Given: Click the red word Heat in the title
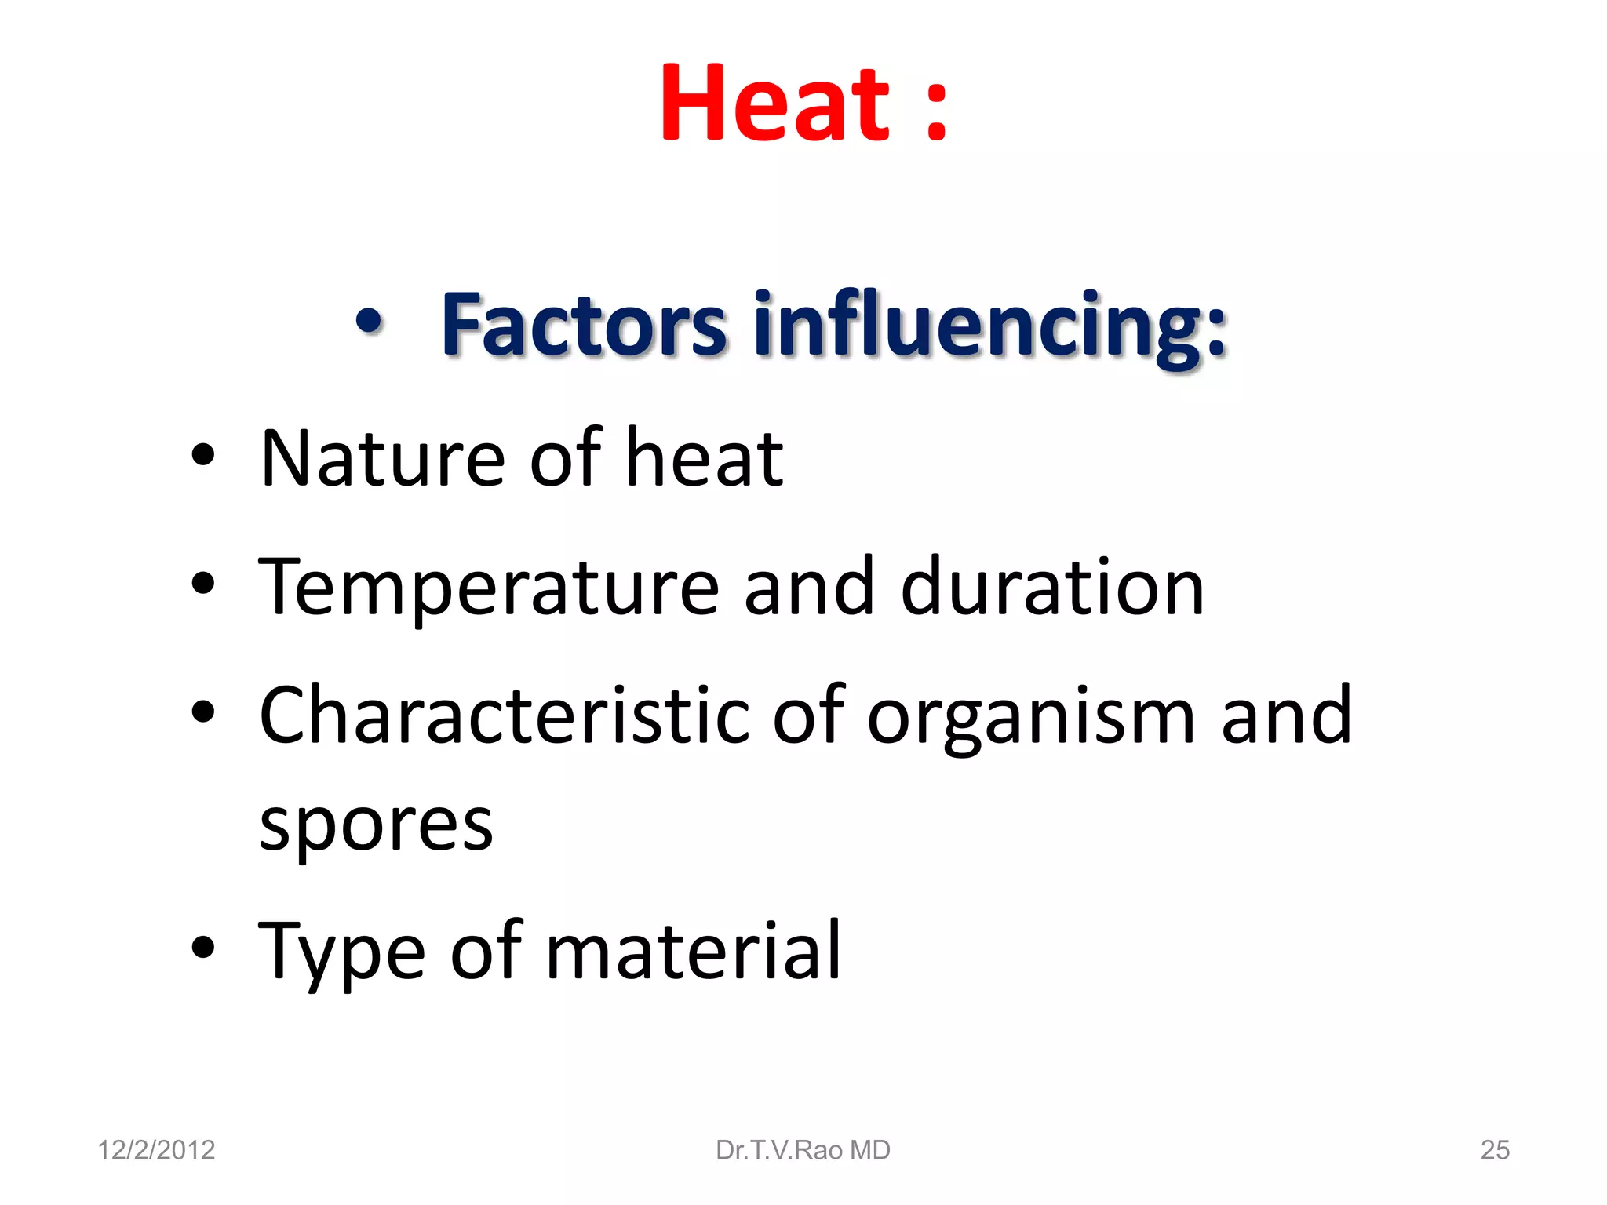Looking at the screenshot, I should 775,104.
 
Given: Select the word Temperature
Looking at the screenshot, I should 488,588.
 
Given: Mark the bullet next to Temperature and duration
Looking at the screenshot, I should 203,584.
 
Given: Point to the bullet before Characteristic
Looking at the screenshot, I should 203,712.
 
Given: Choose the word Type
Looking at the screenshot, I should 342,953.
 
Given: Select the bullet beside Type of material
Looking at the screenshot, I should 203,947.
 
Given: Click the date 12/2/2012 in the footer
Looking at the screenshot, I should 156,1150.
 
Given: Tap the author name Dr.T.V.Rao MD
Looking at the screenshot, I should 803,1150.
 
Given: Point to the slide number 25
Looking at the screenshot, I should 1494,1150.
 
